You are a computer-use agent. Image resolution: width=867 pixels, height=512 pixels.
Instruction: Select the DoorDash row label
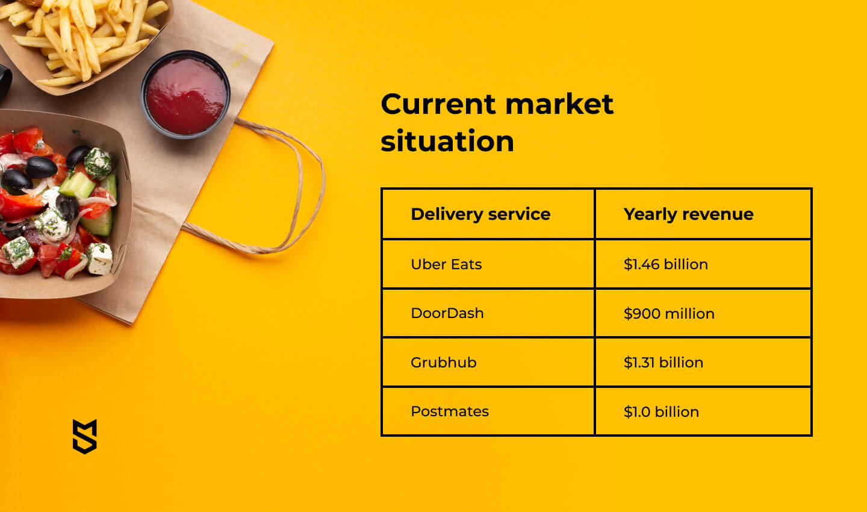pyautogui.click(x=447, y=313)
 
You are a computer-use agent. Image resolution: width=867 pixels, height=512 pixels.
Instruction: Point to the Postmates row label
pyautogui.click(x=450, y=411)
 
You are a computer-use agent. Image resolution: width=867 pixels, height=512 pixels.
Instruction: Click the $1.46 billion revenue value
pyautogui.click(x=666, y=264)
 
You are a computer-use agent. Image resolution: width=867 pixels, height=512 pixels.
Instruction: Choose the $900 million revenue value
pyautogui.click(x=669, y=313)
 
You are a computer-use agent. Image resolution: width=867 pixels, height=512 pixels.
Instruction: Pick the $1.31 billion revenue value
pyautogui.click(x=663, y=363)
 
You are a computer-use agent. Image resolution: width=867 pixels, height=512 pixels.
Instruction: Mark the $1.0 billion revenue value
pyautogui.click(x=661, y=411)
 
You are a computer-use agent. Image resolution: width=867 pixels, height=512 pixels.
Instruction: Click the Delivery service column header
pyautogui.click(x=480, y=214)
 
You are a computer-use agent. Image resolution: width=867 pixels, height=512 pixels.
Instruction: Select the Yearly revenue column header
pyautogui.click(x=688, y=214)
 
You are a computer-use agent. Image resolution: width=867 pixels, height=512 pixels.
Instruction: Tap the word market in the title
pyautogui.click(x=559, y=104)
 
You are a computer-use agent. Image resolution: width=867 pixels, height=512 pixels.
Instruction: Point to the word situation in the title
pyautogui.click(x=447, y=141)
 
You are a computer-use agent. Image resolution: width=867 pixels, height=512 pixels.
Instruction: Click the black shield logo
pyautogui.click(x=85, y=436)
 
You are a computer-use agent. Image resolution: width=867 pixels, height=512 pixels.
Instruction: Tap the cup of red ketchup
pyautogui.click(x=185, y=95)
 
